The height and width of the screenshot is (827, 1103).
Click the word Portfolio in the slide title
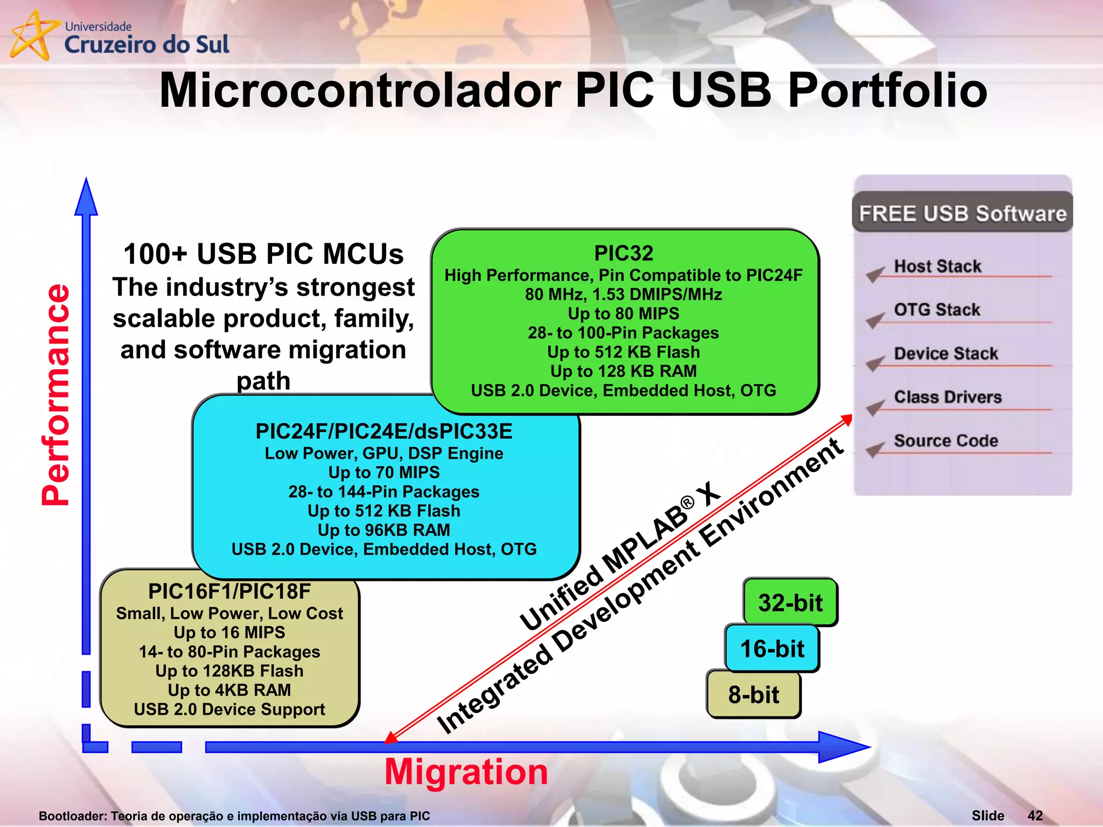coord(887,90)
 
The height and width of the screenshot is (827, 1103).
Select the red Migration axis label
coord(466,772)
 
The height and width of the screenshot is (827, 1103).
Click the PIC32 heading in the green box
coord(624,253)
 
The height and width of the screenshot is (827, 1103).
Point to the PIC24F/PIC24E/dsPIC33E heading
coord(383,431)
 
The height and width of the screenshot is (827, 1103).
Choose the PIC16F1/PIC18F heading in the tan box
coord(229,591)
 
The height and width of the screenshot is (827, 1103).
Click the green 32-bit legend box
coord(790,602)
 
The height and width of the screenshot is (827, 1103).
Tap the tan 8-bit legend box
coord(753,695)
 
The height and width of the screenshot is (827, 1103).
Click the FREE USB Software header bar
coord(962,213)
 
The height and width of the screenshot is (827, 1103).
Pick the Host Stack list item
coord(938,266)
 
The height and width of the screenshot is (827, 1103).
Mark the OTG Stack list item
coord(937,310)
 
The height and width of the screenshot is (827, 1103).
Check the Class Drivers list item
coord(948,397)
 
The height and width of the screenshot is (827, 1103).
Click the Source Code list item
coord(946,440)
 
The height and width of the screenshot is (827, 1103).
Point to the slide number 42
coord(1035,816)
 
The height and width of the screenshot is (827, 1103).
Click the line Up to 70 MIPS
coord(384,472)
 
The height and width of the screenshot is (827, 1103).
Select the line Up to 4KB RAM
coord(229,690)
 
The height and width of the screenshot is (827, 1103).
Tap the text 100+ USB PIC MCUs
coord(263,254)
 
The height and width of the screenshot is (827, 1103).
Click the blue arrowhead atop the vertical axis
coord(86,198)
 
